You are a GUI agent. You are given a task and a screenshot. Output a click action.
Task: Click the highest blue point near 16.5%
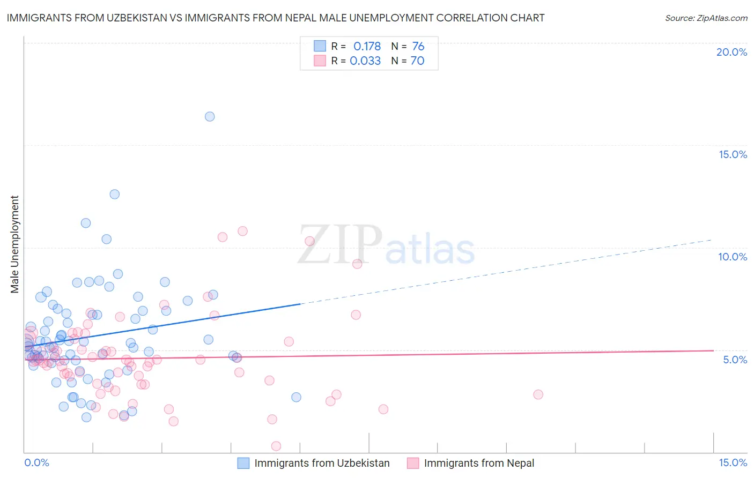[x=210, y=116]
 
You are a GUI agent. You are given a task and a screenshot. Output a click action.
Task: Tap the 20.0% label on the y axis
[x=731, y=52]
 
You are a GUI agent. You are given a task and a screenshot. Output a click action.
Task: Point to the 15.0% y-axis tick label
[x=733, y=154]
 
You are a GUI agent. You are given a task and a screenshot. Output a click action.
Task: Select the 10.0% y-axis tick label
[x=733, y=257]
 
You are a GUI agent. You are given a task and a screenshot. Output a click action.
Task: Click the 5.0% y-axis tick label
[x=735, y=360]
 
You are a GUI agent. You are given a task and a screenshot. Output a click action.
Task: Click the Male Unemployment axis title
[x=14, y=244]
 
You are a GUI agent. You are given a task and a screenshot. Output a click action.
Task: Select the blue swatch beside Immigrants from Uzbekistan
[x=243, y=464]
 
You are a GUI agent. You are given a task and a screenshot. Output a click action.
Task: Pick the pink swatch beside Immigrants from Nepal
[x=413, y=464]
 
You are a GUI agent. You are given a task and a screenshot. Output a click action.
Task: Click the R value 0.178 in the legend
[x=367, y=47]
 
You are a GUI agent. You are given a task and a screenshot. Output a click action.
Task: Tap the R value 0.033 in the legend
[x=365, y=61]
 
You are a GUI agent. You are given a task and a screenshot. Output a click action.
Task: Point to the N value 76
[x=418, y=47]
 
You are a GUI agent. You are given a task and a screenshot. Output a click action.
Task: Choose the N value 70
[x=417, y=61]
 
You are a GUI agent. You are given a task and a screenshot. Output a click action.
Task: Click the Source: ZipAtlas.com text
[x=706, y=18]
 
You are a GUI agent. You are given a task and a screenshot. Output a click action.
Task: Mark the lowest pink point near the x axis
[x=276, y=446]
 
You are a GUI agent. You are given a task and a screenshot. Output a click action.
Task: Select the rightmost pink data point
[x=538, y=394]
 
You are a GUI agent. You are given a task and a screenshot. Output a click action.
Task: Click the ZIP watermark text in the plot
[x=339, y=245]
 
